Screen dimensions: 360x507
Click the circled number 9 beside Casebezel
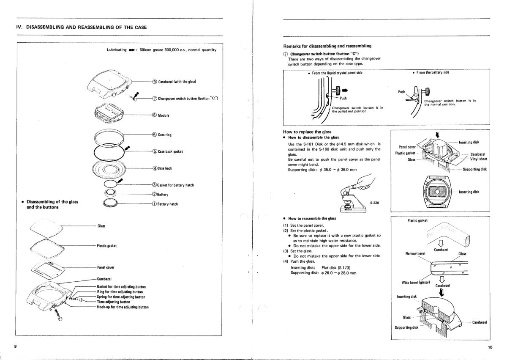155,82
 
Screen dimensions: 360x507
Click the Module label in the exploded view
164,115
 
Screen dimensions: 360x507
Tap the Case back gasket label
171,151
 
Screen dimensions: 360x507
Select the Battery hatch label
167,204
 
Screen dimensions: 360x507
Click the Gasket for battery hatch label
175,185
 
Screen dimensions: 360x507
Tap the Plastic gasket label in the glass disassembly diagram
107,246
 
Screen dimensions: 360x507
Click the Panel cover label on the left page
106,267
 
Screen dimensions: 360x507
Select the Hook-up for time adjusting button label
123,307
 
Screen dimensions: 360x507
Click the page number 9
15,347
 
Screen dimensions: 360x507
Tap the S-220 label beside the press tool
374,203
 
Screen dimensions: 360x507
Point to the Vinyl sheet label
478,159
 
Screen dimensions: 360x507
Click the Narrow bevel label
415,254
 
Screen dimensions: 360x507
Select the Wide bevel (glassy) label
415,282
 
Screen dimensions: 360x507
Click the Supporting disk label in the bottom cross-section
406,328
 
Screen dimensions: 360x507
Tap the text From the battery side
433,73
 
